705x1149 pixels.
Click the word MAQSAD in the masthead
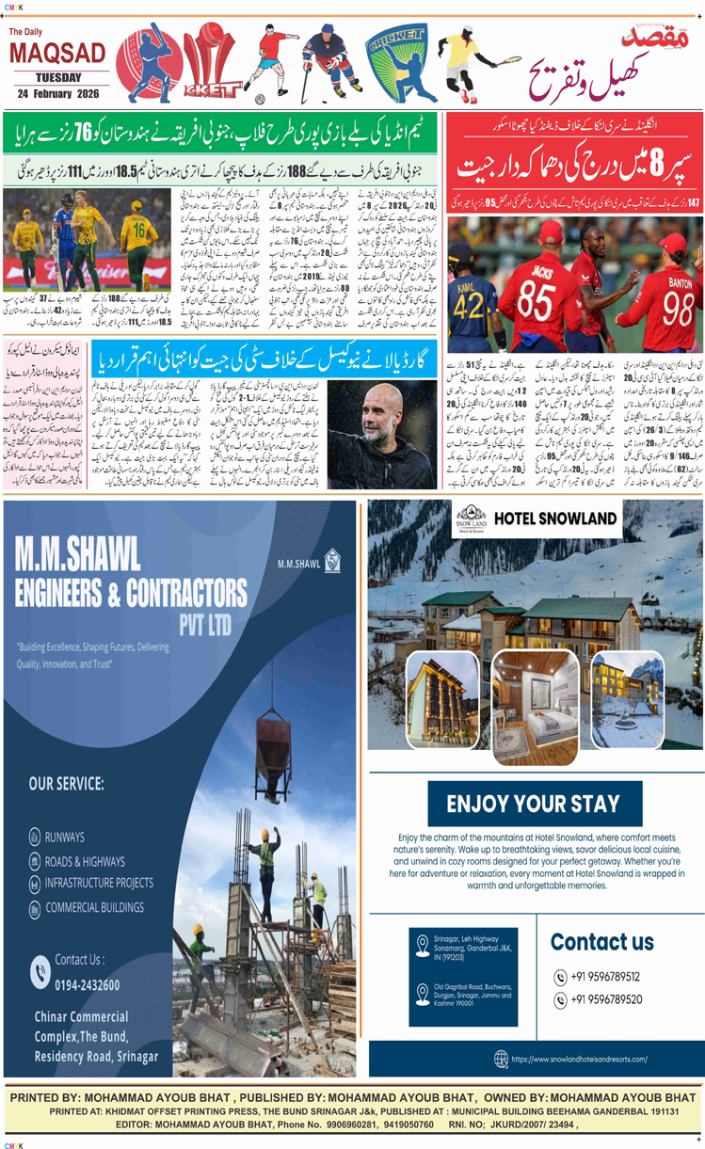pos(57,54)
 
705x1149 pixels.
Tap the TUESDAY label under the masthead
pos(58,77)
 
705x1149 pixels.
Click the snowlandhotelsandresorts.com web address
pos(579,1059)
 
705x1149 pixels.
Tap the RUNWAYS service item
pos(64,837)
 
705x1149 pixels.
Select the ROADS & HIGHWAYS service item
pos(85,860)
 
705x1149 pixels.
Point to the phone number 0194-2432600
pos(87,984)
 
